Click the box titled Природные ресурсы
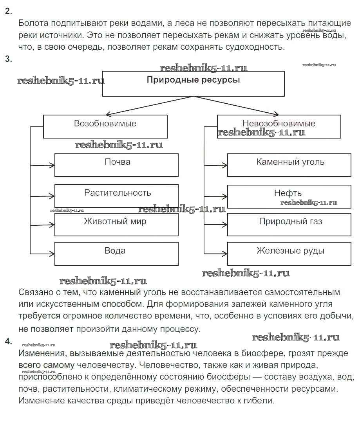193,83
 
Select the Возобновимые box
105,126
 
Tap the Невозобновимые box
279,126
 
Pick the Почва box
116,165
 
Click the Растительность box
116,196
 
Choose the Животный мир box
116,224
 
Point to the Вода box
116,254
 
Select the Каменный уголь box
289,165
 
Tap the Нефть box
289,196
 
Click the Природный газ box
289,224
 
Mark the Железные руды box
289,254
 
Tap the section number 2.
8,11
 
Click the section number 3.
8,59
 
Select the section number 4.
8,341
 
